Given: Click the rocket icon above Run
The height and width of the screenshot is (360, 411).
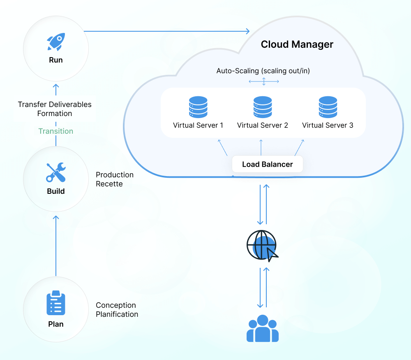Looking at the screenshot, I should (55, 42).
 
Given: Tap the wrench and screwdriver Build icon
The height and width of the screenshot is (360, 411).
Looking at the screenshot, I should (55, 172).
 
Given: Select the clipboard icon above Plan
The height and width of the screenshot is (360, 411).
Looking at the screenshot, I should (56, 304).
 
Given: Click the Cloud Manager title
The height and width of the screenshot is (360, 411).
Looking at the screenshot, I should (297, 44).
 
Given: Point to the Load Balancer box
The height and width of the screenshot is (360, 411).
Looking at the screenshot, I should (267, 165).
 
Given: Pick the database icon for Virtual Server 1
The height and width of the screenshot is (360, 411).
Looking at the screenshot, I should (198, 107).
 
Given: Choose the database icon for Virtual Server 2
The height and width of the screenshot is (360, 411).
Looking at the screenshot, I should (263, 107).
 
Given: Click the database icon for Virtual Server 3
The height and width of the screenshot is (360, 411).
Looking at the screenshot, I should (328, 107).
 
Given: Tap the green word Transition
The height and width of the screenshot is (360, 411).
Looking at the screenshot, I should (56, 131).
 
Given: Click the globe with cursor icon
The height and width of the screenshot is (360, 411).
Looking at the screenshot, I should (262, 246).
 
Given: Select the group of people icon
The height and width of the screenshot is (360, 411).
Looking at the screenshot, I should (263, 329).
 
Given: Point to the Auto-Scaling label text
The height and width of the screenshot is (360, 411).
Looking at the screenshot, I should (263, 71).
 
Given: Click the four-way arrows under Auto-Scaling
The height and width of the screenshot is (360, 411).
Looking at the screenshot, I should (264, 81).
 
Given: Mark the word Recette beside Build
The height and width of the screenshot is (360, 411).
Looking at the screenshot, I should (109, 184).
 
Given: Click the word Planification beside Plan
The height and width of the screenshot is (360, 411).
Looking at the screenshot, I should (117, 314).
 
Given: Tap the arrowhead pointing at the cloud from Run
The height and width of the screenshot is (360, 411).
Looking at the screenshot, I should (247, 31).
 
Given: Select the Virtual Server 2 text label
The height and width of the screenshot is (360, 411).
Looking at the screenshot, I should (263, 125).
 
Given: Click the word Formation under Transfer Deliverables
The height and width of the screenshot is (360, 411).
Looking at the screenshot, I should (55, 114).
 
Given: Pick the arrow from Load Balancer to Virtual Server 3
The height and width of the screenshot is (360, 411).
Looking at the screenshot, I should (299, 147).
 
